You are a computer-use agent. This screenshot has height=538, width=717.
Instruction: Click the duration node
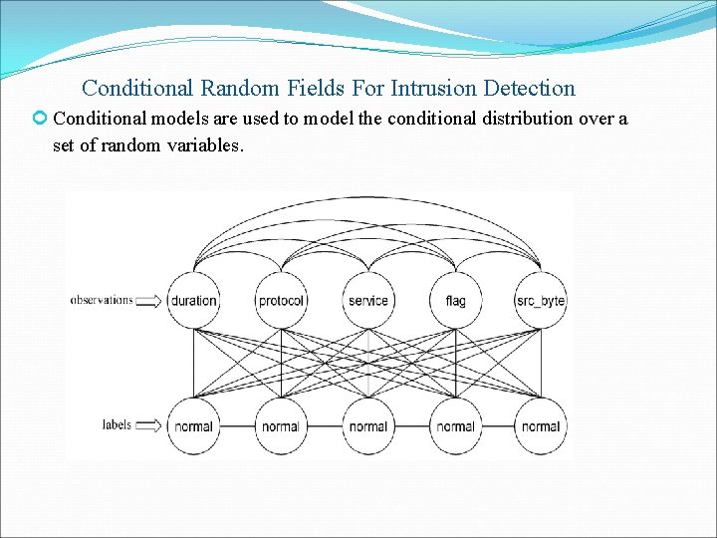pyautogui.click(x=193, y=301)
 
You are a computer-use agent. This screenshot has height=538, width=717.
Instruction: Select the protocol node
pyautogui.click(x=281, y=301)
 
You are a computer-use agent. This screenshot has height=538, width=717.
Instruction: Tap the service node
pyautogui.click(x=368, y=301)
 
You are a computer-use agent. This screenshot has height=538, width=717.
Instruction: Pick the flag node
pyautogui.click(x=455, y=301)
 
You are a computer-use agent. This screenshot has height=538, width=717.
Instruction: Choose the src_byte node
pyautogui.click(x=541, y=301)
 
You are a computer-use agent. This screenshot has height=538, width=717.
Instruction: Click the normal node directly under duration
pyautogui.click(x=193, y=426)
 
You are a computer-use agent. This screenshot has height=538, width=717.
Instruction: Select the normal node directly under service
pyautogui.click(x=368, y=426)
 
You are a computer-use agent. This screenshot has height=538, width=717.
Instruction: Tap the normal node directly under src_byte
pyautogui.click(x=541, y=426)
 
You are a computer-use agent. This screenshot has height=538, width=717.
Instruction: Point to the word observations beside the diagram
pyautogui.click(x=101, y=299)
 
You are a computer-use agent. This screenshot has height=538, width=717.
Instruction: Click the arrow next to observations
pyautogui.click(x=147, y=300)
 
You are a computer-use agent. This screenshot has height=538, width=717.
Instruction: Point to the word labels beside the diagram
pyautogui.click(x=117, y=424)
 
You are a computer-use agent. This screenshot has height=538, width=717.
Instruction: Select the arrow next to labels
pyautogui.click(x=147, y=426)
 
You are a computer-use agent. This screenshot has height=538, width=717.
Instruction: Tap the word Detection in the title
pyautogui.click(x=525, y=89)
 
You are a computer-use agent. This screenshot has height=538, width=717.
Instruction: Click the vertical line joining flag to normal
pyautogui.click(x=455, y=364)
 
